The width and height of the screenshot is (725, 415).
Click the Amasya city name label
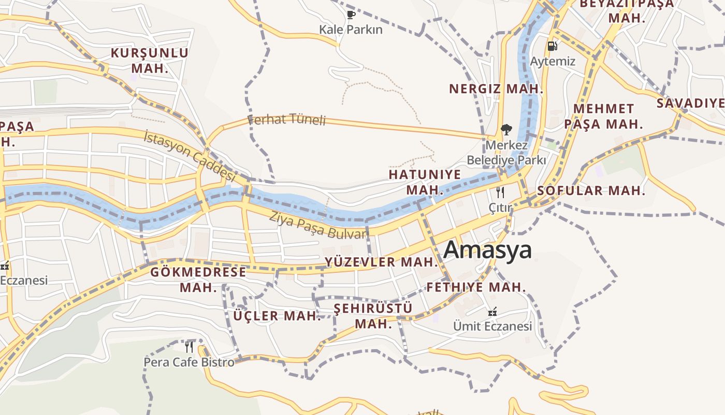pyautogui.click(x=487, y=250)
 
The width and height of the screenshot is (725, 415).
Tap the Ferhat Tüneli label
pyautogui.click(x=287, y=120)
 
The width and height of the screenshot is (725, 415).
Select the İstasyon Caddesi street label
pyautogui.click(x=189, y=155)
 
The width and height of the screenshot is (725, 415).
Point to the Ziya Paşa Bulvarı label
pyautogui.click(x=318, y=226)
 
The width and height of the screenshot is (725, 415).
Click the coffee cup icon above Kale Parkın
pyautogui.click(x=351, y=15)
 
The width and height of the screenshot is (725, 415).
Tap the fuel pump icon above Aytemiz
pyautogui.click(x=553, y=46)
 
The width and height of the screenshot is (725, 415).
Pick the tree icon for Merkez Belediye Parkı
pyautogui.click(x=506, y=130)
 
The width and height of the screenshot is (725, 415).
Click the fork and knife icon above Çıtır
pyautogui.click(x=500, y=192)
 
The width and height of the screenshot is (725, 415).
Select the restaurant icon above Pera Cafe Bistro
pyautogui.click(x=189, y=347)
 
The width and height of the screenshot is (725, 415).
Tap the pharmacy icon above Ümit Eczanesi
pyautogui.click(x=492, y=312)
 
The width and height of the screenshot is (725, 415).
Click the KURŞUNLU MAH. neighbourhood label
pyautogui.click(x=150, y=60)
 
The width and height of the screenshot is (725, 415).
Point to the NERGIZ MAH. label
pyautogui.click(x=496, y=89)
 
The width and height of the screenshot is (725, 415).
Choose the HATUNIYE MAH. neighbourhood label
pyautogui.click(x=425, y=182)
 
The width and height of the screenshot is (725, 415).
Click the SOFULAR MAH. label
pyautogui.click(x=591, y=190)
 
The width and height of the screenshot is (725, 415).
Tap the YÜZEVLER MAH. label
pyautogui.click(x=382, y=262)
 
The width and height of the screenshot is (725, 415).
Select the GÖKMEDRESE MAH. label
pyautogui.click(x=198, y=280)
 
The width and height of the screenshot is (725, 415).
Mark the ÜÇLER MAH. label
pyautogui.click(x=277, y=315)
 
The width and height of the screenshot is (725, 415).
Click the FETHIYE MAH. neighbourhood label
pyautogui.click(x=476, y=287)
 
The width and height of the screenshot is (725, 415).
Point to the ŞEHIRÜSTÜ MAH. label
pyautogui.click(x=373, y=316)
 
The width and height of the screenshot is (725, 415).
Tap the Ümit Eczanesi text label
pyautogui.click(x=492, y=326)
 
